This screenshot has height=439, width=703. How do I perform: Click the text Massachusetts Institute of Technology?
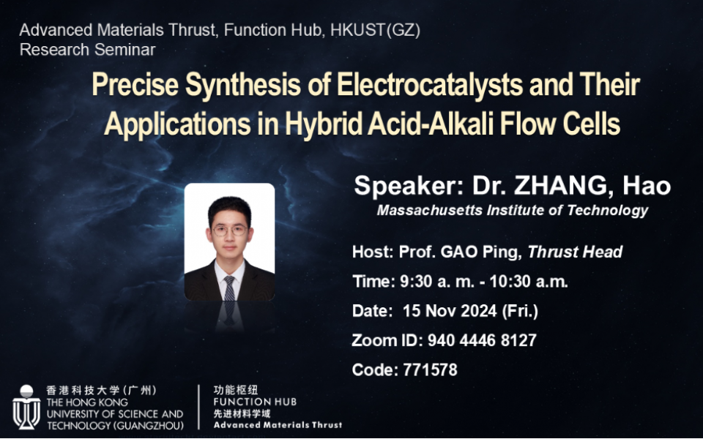pos(512,210)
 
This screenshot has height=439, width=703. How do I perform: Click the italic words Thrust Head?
pos(575,252)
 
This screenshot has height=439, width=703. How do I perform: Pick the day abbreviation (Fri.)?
pos(520,311)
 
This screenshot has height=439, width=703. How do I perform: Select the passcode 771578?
pos(430,370)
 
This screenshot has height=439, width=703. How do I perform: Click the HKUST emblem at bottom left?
pos(26,408)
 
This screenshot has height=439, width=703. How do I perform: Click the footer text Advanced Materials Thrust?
pos(278,424)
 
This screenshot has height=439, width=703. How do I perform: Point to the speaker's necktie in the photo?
pos(229,288)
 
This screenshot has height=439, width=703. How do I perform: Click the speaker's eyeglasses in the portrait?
pos(229,230)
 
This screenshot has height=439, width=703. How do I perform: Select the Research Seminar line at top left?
pos(87,50)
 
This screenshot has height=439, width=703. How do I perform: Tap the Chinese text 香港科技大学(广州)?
pos(101,391)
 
